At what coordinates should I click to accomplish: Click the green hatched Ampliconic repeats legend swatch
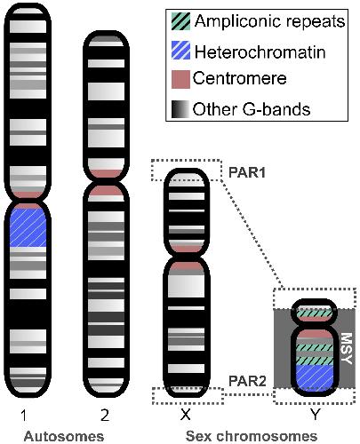[x=180, y=21]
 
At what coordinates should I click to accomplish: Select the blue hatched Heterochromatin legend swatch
[x=180, y=51]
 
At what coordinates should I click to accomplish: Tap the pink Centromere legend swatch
[x=180, y=79]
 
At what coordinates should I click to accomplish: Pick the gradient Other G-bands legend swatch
[x=180, y=109]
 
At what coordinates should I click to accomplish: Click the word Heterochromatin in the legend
[x=260, y=52]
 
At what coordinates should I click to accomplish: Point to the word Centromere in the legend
[x=239, y=78]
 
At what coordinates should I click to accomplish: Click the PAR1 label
[x=247, y=172]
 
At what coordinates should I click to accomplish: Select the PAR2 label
[x=248, y=381]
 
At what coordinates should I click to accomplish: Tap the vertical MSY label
[x=346, y=348]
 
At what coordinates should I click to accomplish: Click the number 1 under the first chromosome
[x=24, y=416]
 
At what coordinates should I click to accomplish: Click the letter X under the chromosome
[x=186, y=415]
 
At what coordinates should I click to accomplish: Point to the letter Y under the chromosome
[x=315, y=415]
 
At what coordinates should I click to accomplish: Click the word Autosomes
[x=64, y=436]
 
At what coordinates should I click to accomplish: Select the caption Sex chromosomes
[x=252, y=436]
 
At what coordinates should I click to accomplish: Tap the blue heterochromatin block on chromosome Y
[x=315, y=377]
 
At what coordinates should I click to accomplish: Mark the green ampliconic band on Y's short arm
[x=315, y=313]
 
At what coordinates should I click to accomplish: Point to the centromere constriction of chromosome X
[x=187, y=257]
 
